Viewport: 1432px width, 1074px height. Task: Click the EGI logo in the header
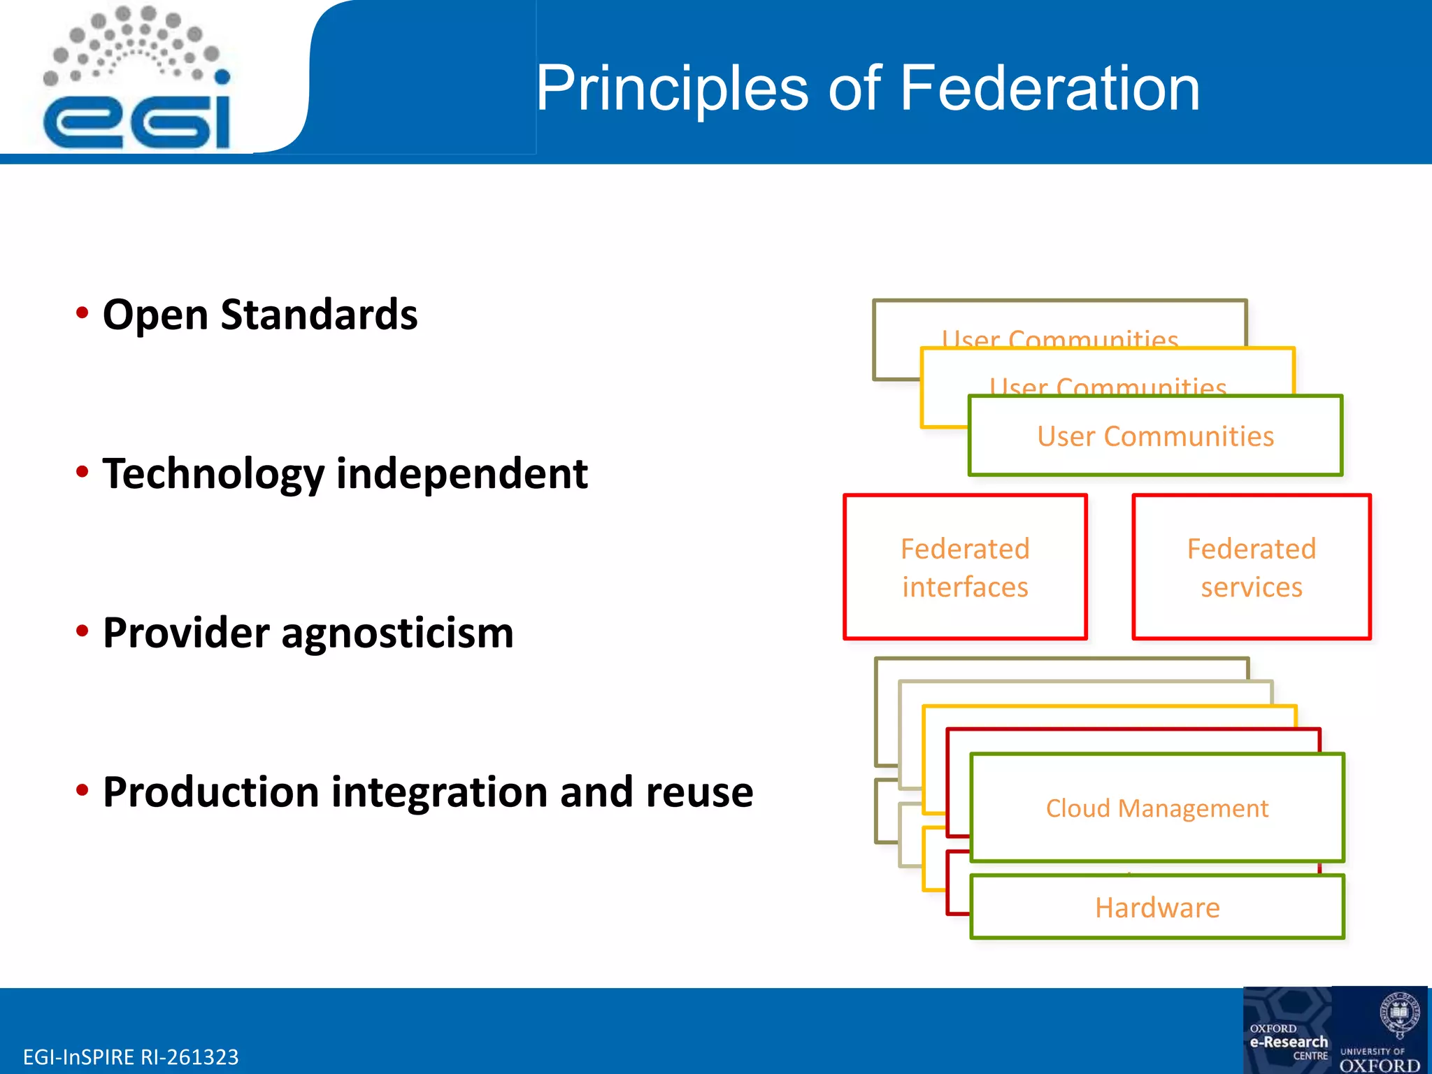[x=136, y=80]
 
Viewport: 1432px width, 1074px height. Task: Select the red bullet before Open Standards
[x=83, y=313]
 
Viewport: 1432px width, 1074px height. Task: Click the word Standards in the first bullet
[x=319, y=315]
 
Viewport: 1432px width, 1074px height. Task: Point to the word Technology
[x=213, y=474]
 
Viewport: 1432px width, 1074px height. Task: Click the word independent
[x=461, y=474]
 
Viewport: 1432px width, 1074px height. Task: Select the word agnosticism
[x=397, y=633]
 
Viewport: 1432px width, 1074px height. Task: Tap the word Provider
[x=186, y=633]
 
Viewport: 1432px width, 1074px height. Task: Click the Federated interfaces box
[x=965, y=567]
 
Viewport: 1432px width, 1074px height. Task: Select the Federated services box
[x=1251, y=567]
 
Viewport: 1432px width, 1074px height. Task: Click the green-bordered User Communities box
[x=1155, y=436]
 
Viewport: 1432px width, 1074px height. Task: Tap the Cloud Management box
[x=1157, y=808]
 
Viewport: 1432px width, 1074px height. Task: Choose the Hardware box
[x=1157, y=908]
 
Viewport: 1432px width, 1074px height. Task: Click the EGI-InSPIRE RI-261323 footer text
[x=131, y=1057]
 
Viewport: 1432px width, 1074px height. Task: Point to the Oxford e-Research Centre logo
[x=1287, y=1031]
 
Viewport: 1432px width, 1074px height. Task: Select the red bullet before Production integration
[x=83, y=791]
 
